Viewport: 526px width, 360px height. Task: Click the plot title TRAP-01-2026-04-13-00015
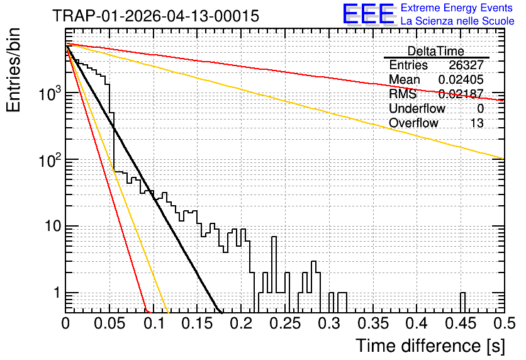[155, 16]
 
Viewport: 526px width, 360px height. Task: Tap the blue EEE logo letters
[369, 14]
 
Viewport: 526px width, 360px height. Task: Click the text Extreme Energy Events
[457, 8]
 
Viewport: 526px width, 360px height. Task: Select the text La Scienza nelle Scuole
[457, 21]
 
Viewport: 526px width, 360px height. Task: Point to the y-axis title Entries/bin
[13, 70]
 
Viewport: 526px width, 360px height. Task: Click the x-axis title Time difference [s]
[430, 346]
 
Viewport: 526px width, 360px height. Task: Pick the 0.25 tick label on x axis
[286, 323]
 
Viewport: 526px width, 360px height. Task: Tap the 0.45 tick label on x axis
[461, 323]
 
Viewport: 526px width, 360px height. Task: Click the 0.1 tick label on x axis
[154, 323]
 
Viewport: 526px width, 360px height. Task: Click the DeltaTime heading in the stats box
[435, 51]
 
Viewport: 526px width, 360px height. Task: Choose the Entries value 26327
[466, 65]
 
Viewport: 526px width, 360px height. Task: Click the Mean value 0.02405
[461, 79]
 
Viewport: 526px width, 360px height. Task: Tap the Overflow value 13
[477, 123]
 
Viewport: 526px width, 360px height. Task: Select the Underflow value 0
[480, 108]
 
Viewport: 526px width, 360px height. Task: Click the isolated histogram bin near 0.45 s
[462, 303]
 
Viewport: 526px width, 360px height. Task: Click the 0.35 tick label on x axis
[373, 323]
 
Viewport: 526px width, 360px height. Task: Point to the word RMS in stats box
[403, 94]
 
